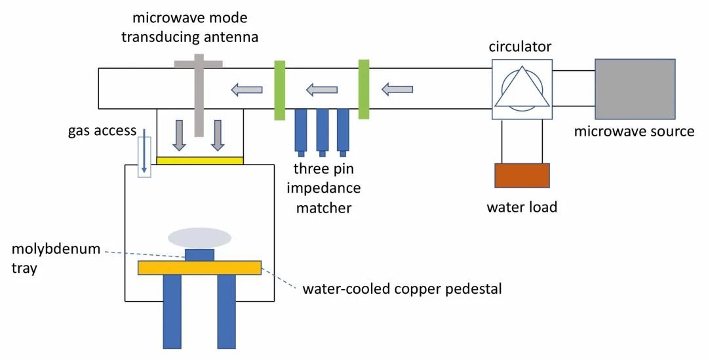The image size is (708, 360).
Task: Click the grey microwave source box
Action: pyautogui.click(x=635, y=88)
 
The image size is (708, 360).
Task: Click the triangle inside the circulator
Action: pyautogui.click(x=522, y=90)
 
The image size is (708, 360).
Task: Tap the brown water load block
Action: pyautogui.click(x=522, y=176)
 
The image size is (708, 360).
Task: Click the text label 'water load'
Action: pyautogui.click(x=522, y=207)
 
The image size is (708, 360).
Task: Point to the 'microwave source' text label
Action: pyautogui.click(x=634, y=131)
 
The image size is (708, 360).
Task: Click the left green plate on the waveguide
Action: pyautogui.click(x=280, y=90)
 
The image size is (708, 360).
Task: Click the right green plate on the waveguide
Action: pyautogui.click(x=364, y=89)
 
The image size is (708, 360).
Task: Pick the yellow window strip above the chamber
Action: pyautogui.click(x=200, y=159)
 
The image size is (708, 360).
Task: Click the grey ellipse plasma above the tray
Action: pyautogui.click(x=199, y=237)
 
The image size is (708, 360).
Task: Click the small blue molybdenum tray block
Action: pyautogui.click(x=199, y=254)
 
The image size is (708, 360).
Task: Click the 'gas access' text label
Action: pyautogui.click(x=102, y=130)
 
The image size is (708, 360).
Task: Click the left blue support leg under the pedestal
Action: pyautogui.click(x=172, y=311)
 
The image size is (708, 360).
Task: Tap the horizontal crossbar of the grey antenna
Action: pyautogui.click(x=198, y=64)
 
